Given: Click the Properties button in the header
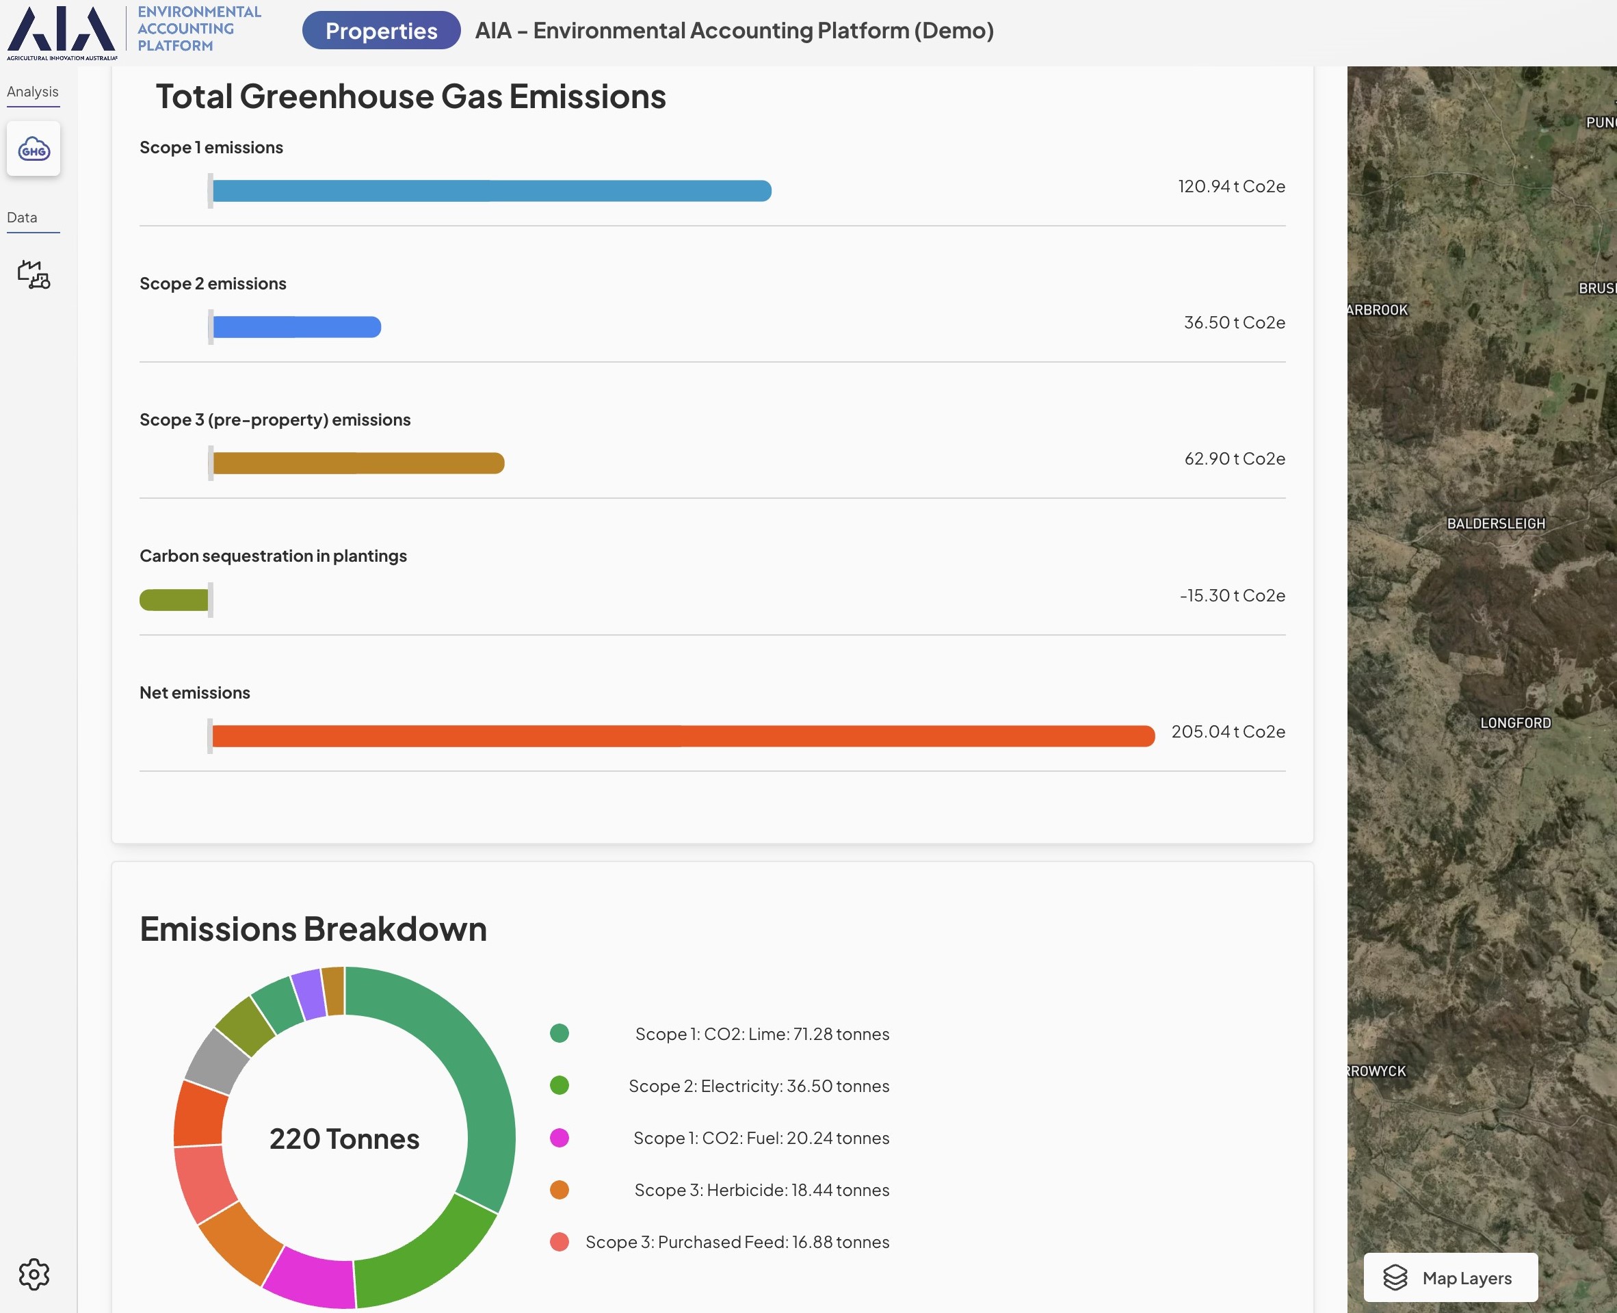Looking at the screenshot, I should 381,30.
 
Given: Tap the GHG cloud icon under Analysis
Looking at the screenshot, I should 34,149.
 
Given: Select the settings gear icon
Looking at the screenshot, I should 34,1274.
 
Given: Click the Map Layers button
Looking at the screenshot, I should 1450,1277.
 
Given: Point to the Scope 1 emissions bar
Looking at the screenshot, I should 491,191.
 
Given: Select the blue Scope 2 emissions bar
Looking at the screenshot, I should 296,327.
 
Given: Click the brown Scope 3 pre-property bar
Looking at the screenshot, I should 358,463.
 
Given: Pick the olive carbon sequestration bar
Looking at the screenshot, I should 174,600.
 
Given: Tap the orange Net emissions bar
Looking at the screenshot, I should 683,736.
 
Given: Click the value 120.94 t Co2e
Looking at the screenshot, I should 1231,186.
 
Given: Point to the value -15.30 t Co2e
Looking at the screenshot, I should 1231,595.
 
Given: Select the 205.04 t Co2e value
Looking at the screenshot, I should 1228,731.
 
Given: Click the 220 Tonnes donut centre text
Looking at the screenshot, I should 344,1139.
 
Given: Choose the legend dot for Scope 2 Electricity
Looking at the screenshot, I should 560,1085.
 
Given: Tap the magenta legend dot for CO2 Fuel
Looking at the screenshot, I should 560,1138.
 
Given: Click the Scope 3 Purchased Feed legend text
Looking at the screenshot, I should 737,1242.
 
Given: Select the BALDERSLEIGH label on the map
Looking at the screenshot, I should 1495,523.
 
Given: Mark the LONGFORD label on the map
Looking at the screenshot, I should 1515,723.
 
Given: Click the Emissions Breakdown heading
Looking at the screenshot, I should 313,928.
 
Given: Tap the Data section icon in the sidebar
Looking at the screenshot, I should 34,274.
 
